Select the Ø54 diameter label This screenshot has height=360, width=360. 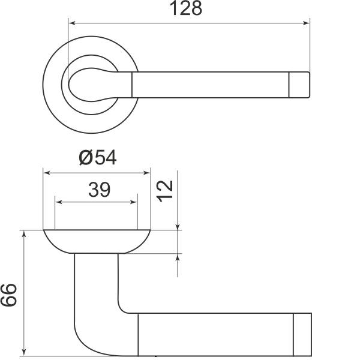click(x=97, y=157)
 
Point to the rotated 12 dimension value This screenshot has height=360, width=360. click(x=166, y=191)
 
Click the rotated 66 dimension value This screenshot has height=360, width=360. click(x=10, y=295)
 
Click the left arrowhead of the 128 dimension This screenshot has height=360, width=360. click(x=72, y=23)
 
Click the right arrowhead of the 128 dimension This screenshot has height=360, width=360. click(x=307, y=23)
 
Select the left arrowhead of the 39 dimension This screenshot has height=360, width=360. click(x=59, y=202)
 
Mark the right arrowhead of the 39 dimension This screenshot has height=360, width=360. click(x=134, y=202)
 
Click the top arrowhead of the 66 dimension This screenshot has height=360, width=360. click(x=24, y=233)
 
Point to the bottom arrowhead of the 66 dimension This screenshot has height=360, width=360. click(x=24, y=351)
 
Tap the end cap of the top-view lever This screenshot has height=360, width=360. click(x=300, y=85)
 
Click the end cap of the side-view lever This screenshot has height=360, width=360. click(x=302, y=334)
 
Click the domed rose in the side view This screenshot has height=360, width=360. click(x=96, y=241)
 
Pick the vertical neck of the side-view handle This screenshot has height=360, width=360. click(x=96, y=282)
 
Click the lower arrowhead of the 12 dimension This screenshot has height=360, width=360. click(x=178, y=257)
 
